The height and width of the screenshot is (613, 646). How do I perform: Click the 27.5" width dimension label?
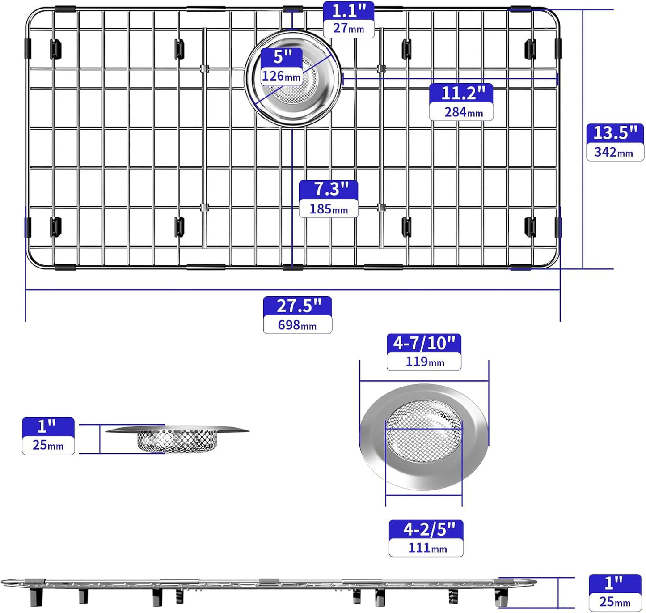(x=298, y=306)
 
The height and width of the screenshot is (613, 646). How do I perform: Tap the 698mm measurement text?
(x=297, y=325)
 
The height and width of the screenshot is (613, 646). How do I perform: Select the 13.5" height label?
(x=615, y=133)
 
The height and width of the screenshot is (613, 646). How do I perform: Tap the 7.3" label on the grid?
(x=329, y=189)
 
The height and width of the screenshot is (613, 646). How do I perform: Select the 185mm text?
(x=329, y=209)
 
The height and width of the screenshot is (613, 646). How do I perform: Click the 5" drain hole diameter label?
(x=282, y=57)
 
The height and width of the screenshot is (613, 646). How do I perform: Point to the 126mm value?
(x=281, y=76)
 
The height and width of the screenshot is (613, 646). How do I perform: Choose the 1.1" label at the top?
(x=349, y=11)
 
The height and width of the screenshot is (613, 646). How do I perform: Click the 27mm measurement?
(x=348, y=29)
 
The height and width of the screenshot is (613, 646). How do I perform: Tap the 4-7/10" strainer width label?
(x=424, y=343)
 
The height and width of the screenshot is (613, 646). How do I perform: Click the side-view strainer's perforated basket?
(x=177, y=441)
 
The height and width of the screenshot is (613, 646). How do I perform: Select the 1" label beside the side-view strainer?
(x=47, y=426)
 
